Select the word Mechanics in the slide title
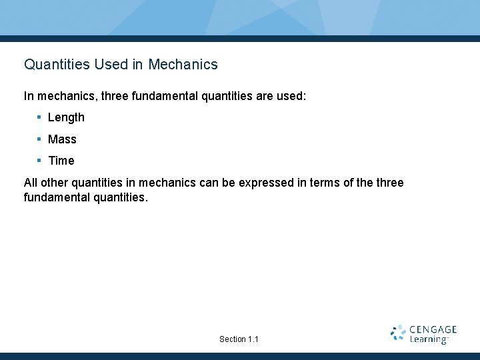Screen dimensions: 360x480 [x=183, y=65]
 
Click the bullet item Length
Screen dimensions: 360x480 [x=66, y=117]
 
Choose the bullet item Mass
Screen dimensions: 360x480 [x=62, y=139]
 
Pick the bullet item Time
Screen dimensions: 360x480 [x=61, y=161]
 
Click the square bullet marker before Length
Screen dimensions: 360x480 [x=39, y=117]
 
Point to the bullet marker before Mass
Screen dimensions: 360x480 [x=39, y=139]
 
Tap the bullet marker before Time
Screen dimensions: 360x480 [x=39, y=161]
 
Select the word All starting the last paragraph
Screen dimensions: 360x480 [x=31, y=183]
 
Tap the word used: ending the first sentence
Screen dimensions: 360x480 [x=291, y=96]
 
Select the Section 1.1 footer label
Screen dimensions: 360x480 [x=239, y=339]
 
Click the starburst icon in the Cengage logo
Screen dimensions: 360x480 [x=399, y=333]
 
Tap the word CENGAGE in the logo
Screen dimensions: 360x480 [x=433, y=329]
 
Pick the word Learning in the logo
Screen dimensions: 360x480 [x=428, y=339]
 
